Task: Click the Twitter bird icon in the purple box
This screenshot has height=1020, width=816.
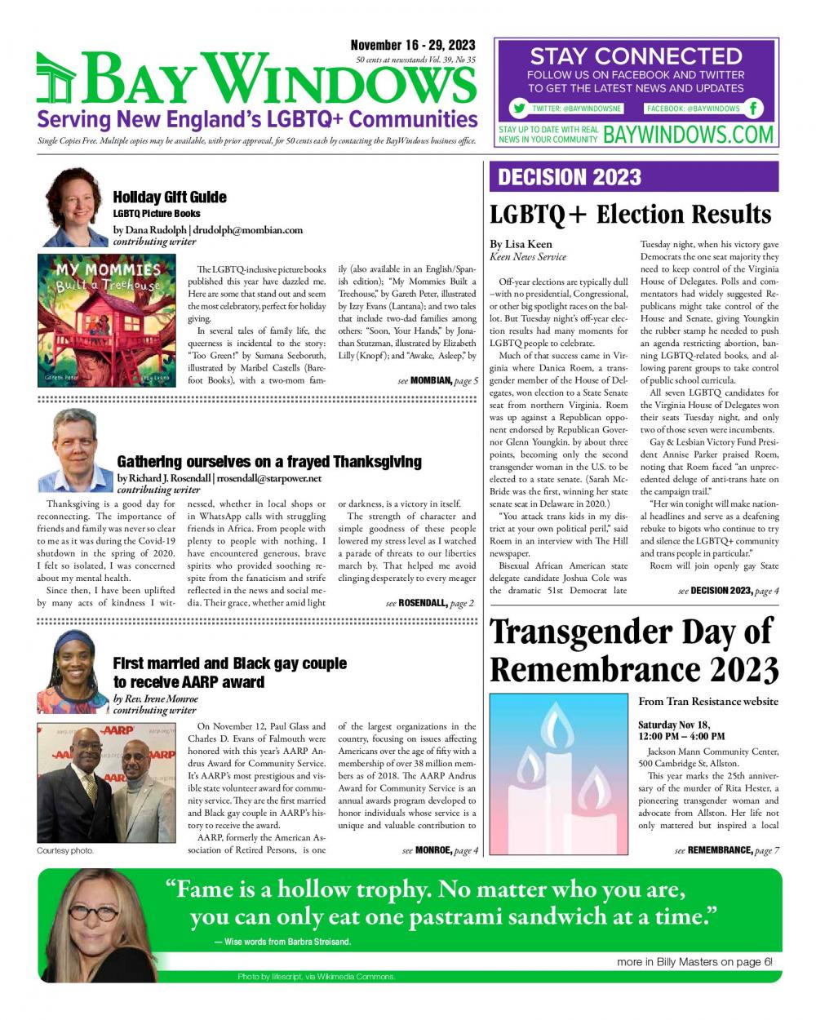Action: [x=518, y=109]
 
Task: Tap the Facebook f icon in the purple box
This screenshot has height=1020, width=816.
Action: [x=755, y=109]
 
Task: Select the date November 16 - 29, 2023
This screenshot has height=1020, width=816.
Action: [x=413, y=46]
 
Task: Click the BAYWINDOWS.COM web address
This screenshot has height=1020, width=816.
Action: [x=688, y=135]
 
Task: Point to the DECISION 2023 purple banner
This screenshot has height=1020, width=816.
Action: [x=633, y=177]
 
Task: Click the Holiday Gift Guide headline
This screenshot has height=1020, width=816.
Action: [x=170, y=197]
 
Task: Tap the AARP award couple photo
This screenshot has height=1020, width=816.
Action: [x=107, y=783]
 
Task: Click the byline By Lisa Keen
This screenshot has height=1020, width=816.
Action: [x=521, y=244]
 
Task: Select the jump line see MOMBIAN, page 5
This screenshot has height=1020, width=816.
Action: [x=437, y=381]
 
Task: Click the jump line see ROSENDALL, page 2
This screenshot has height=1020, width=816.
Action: [x=428, y=603]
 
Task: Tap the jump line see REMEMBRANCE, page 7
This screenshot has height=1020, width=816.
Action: [x=726, y=850]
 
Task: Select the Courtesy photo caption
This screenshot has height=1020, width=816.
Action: [x=65, y=850]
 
